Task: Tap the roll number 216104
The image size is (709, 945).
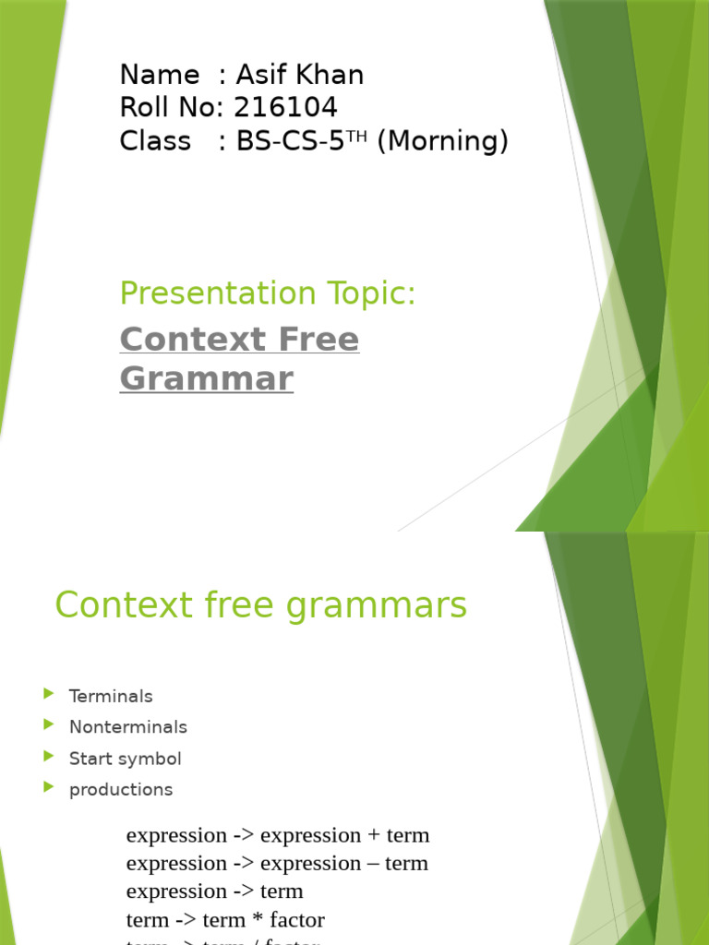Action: [x=285, y=108]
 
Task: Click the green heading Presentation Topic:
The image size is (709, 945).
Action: [x=268, y=293]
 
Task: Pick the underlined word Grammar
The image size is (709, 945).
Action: [x=207, y=378]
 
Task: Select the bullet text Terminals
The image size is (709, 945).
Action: [x=111, y=696]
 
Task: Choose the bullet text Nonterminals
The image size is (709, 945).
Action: [x=128, y=727]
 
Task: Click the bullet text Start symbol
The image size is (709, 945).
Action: [x=126, y=759]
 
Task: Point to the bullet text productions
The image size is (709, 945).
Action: [x=121, y=790]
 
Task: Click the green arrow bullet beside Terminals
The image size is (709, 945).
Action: [x=49, y=694]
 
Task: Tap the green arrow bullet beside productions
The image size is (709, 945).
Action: [x=49, y=787]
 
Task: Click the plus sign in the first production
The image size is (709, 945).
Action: [x=374, y=836]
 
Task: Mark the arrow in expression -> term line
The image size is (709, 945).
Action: [x=244, y=891]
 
